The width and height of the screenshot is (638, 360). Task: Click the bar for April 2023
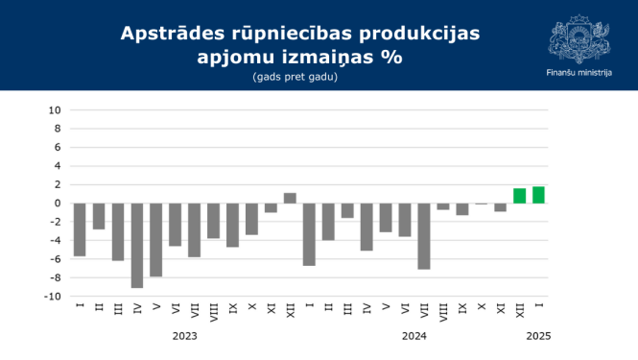point(137,245)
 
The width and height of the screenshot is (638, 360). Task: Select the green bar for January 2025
point(538,195)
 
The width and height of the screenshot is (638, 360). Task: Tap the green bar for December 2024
point(519,196)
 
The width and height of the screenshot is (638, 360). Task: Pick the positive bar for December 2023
point(290,198)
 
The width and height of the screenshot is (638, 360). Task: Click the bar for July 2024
point(424,236)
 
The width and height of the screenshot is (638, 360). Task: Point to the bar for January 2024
point(309,234)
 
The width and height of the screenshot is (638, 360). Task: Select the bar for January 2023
point(80,229)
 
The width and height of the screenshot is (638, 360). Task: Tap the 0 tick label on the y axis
point(58,203)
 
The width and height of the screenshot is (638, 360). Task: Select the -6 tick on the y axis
point(56,258)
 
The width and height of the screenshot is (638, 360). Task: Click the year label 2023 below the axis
point(185,336)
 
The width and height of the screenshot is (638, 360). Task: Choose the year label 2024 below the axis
point(414,336)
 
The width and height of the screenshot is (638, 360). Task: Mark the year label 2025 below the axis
point(537,336)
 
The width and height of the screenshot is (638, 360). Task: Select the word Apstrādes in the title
point(169,34)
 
